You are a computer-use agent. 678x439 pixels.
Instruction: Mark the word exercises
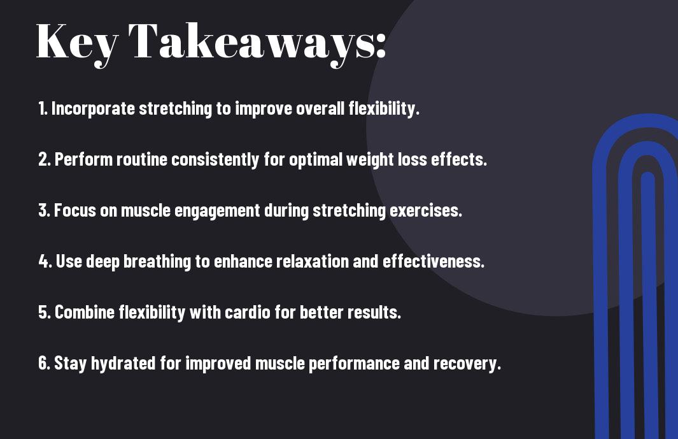426,210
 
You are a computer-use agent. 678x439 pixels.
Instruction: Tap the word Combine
84,312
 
